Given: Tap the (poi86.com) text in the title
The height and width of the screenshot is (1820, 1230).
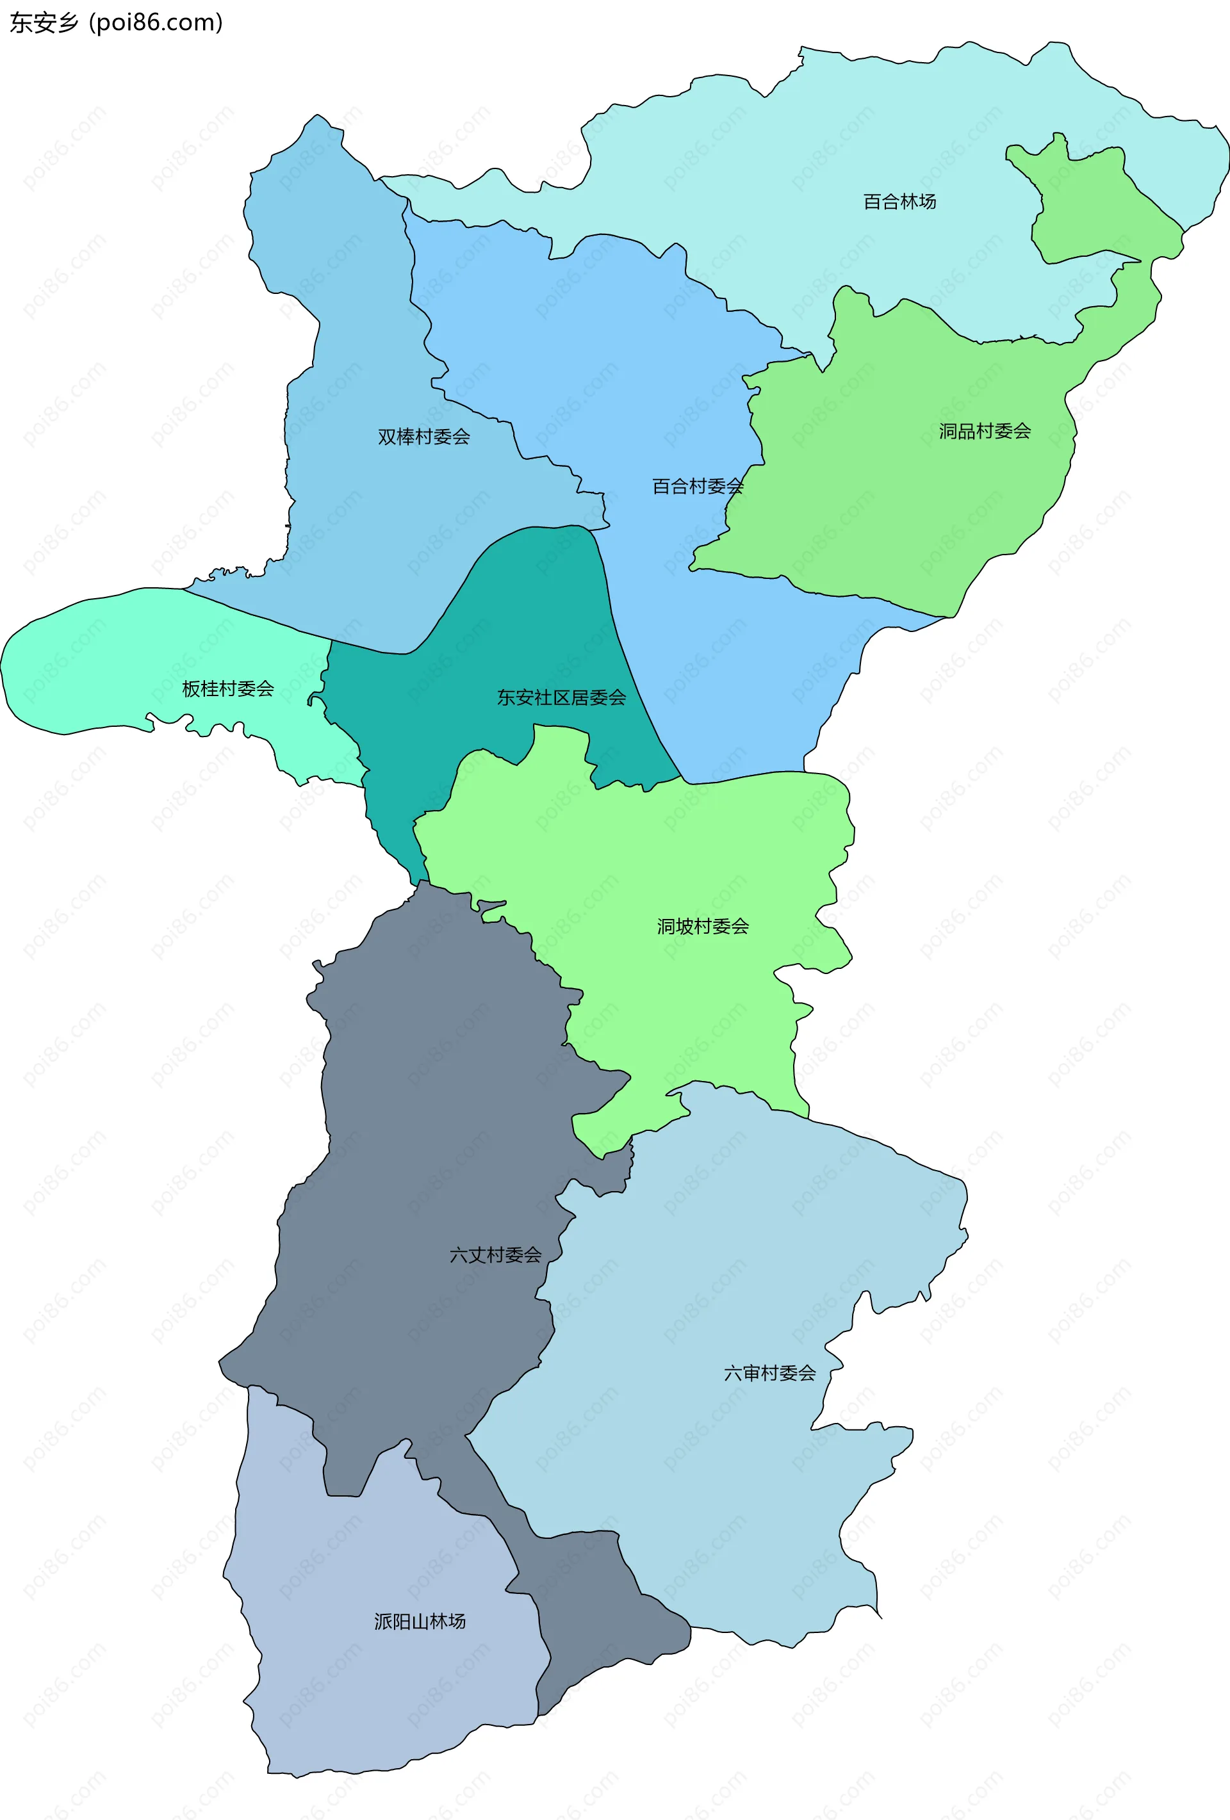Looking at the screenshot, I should click(x=156, y=22).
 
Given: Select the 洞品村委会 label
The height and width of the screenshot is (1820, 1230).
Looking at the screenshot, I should click(x=985, y=432).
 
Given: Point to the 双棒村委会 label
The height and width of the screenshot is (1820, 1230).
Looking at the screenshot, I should click(x=424, y=437).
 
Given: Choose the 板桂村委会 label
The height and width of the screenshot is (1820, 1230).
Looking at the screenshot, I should click(x=228, y=689).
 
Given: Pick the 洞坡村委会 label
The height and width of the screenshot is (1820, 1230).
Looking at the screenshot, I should click(x=703, y=927).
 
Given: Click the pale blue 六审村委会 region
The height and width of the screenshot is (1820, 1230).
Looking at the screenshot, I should click(x=705, y=1488).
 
